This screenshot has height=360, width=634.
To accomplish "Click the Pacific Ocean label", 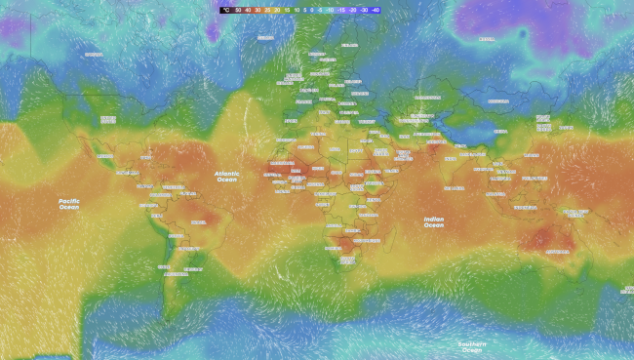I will click(x=68, y=203).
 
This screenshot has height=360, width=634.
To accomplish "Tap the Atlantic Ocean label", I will click(x=226, y=177).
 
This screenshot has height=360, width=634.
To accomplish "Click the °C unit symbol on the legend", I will click(x=225, y=9).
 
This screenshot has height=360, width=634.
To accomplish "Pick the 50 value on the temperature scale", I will click(x=238, y=9).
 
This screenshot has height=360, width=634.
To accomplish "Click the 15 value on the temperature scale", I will click(x=287, y=9).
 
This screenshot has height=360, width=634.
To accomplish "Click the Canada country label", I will click(x=95, y=55).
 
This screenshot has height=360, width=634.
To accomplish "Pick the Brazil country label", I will click(x=198, y=222).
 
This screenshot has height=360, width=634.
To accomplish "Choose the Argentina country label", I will click(x=177, y=274).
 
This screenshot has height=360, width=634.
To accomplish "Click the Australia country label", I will click(x=557, y=251).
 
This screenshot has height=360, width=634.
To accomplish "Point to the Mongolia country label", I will click(x=497, y=100).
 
